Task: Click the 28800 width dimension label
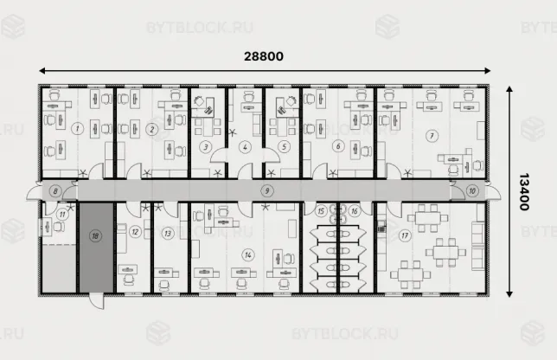click(264, 56)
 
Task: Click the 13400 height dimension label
click(524, 192)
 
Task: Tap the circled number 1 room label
click(78, 129)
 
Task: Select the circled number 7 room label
click(432, 136)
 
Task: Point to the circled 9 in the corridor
click(267, 191)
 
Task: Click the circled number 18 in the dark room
click(95, 236)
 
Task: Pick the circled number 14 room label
click(248, 254)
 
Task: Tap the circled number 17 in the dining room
click(405, 235)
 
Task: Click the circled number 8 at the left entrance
click(55, 191)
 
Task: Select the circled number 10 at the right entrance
click(472, 191)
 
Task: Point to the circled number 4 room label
click(245, 147)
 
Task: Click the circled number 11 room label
click(62, 215)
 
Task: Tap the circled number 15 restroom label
click(321, 211)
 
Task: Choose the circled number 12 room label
click(135, 232)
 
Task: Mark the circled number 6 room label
click(338, 146)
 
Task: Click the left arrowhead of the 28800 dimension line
click(42, 71)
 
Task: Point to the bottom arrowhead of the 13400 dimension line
click(509, 294)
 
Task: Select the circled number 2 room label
click(152, 129)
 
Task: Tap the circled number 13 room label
click(168, 234)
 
